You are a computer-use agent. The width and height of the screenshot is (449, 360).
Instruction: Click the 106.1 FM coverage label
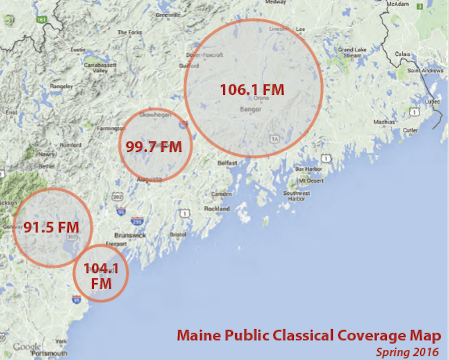pyautogui.click(x=252, y=89)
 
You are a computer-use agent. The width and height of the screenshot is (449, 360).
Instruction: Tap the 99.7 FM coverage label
pyautogui.click(x=154, y=146)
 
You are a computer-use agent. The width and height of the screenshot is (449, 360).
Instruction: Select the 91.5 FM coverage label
pyautogui.click(x=51, y=227)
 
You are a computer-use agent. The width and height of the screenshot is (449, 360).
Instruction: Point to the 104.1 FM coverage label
pyautogui.click(x=101, y=276)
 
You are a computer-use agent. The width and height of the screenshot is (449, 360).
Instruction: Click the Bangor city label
pyautogui.click(x=250, y=109)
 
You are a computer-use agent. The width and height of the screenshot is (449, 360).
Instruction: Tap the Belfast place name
pyautogui.click(x=227, y=163)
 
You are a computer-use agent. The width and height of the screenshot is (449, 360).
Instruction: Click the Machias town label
pyautogui.click(x=384, y=122)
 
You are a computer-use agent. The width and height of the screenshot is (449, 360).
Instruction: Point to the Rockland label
pyautogui.click(x=217, y=209)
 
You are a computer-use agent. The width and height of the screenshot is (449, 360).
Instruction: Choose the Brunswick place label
pyautogui.click(x=130, y=235)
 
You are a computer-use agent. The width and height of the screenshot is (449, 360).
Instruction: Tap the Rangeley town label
pyautogui.click(x=61, y=86)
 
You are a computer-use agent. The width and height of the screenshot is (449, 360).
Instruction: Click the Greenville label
pyautogui.click(x=168, y=15)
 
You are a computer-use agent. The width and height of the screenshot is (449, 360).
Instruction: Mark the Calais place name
pyautogui.click(x=402, y=54)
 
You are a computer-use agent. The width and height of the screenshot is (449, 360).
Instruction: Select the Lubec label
pyautogui.click(x=433, y=101)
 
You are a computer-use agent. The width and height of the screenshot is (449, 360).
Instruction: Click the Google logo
pyautogui.click(x=27, y=346)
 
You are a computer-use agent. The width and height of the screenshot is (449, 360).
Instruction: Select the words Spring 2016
pyautogui.click(x=407, y=352)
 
